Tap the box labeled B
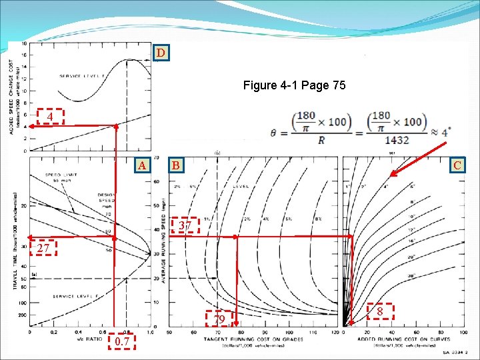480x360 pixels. [x=175, y=165]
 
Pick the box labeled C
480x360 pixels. [x=458, y=165]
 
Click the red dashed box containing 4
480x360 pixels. [x=50, y=117]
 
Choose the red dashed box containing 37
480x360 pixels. [x=186, y=226]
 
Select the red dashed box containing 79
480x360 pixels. [x=219, y=319]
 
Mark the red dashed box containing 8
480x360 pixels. [x=379, y=311]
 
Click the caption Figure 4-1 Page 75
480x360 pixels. [x=294, y=85]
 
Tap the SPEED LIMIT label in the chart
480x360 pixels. [x=58, y=175]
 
